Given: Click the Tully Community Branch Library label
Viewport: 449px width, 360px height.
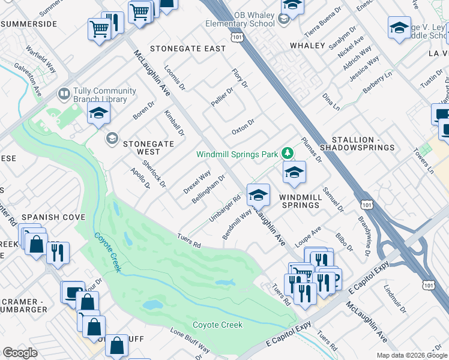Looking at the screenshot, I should click(x=100, y=95).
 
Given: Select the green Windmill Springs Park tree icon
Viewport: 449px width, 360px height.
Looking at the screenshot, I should click(x=288, y=154).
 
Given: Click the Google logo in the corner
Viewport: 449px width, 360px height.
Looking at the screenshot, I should click(x=20, y=353).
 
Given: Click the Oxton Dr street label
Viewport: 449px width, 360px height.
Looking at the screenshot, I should click(x=244, y=127).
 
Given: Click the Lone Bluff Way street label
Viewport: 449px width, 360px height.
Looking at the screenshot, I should click(x=190, y=340).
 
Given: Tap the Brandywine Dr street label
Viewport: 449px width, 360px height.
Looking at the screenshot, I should click(x=364, y=237).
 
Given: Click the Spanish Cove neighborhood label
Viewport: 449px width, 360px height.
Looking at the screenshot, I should click(x=53, y=217).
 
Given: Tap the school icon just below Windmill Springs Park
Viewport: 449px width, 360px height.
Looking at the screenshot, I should click(x=294, y=173).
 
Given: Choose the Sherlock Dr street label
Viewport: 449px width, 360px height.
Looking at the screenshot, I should click(x=154, y=172).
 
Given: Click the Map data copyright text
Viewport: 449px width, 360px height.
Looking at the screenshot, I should click(x=411, y=355).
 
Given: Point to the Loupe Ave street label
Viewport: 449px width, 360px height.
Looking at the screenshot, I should click(x=309, y=238).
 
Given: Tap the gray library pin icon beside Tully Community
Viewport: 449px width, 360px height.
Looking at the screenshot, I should click(x=63, y=94).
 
